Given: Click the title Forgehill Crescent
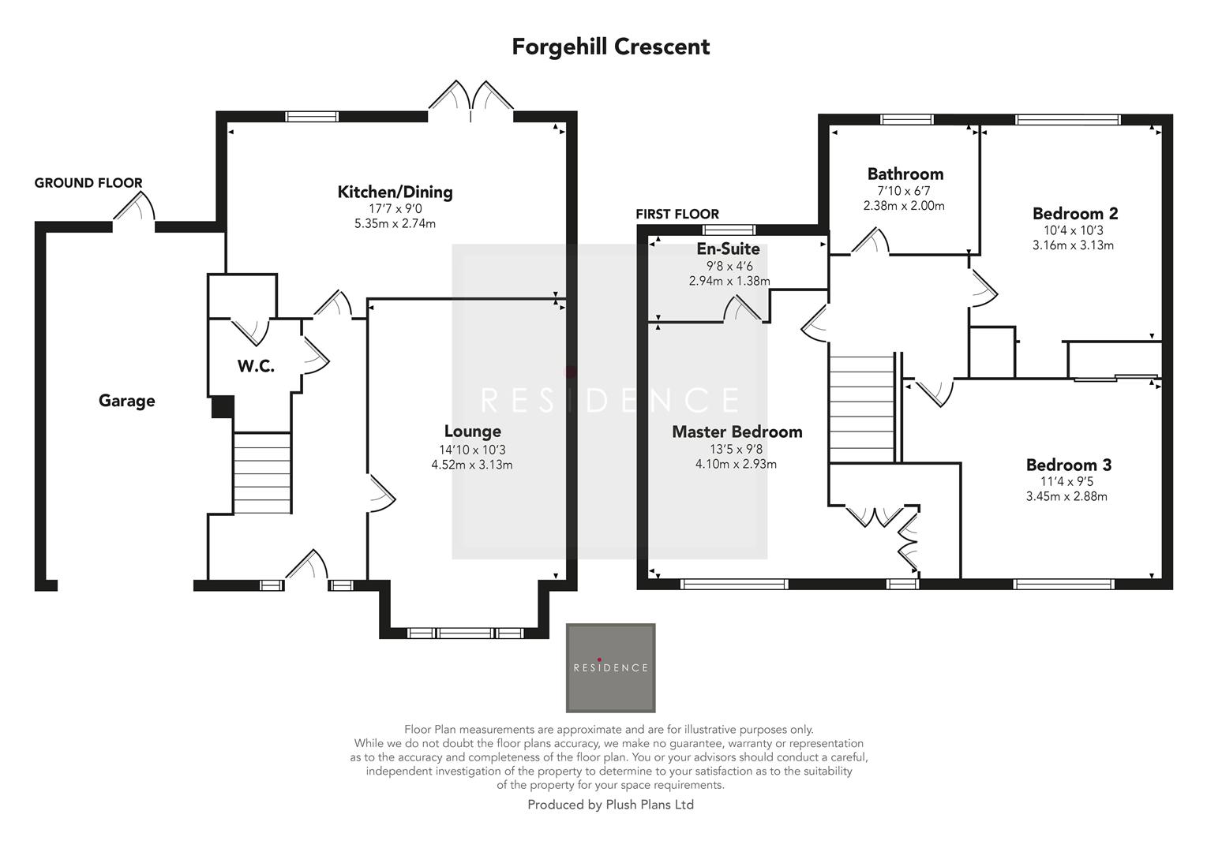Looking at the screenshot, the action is click(x=610, y=47).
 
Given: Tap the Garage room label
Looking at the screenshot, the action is click(x=126, y=401).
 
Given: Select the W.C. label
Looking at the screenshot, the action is click(x=256, y=366).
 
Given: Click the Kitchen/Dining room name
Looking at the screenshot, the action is click(x=395, y=192).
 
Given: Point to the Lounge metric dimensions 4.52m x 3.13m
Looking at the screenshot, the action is click(x=472, y=464).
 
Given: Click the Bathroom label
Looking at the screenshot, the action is click(x=905, y=174).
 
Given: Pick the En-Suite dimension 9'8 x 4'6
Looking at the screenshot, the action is click(x=729, y=266).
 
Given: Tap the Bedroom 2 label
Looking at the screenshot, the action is click(x=1075, y=213).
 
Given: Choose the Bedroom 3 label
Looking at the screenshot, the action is click(x=1069, y=464).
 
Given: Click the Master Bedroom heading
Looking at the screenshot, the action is click(x=737, y=432).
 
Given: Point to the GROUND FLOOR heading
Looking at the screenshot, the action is click(x=88, y=183).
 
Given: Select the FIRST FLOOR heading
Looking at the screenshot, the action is click(x=677, y=215).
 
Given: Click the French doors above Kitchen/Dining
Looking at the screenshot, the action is click(x=471, y=101).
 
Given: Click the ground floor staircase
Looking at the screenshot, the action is click(x=262, y=473).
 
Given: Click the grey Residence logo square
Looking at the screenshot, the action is click(x=610, y=668).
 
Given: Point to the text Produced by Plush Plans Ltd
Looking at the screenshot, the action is click(x=610, y=805).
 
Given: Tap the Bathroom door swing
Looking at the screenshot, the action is click(x=870, y=241).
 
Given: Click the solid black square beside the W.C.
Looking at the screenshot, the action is click(x=223, y=406).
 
